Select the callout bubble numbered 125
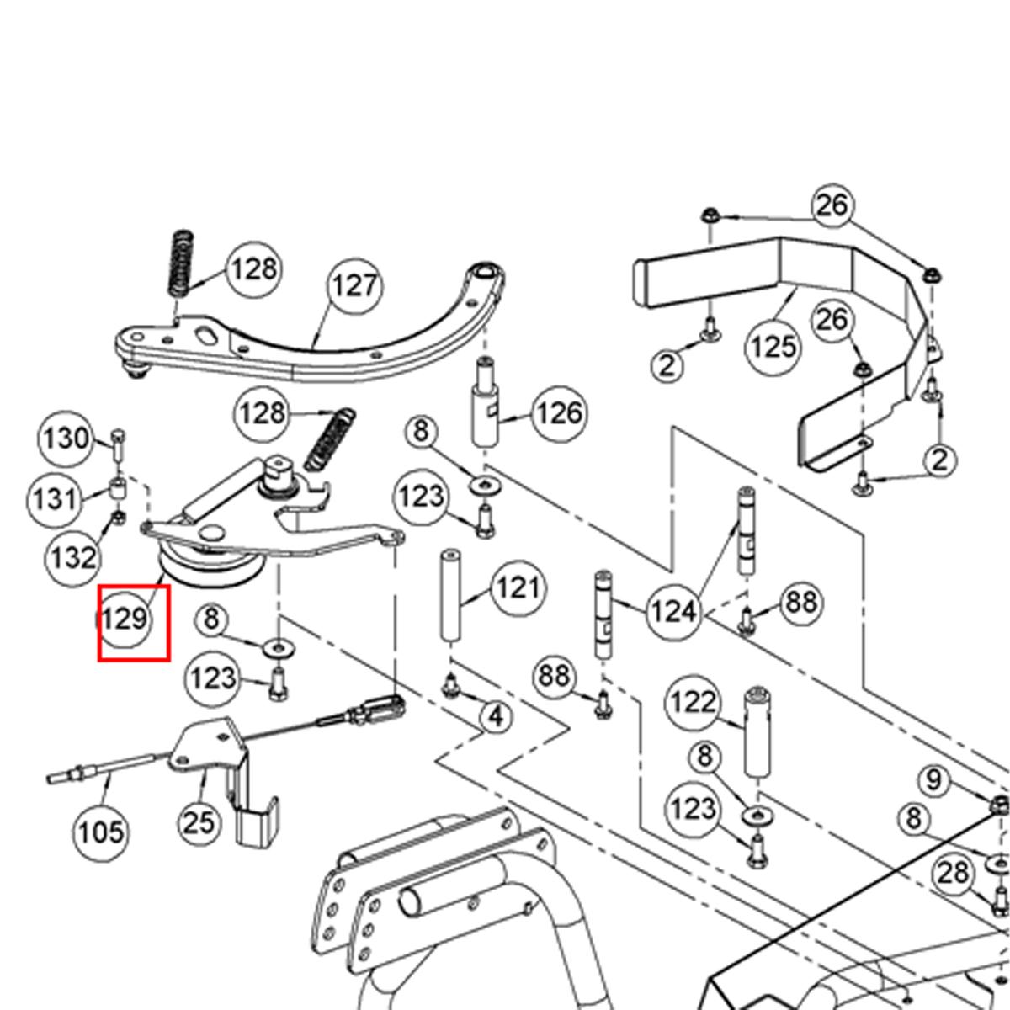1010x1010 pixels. (x=773, y=345)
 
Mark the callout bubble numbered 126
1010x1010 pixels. (x=559, y=412)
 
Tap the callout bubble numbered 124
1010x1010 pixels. (x=673, y=612)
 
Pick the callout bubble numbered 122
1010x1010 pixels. (x=693, y=702)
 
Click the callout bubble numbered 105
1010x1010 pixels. (x=101, y=832)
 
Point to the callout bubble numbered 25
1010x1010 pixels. (x=199, y=821)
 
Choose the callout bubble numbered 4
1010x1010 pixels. (x=496, y=717)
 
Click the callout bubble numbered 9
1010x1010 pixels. (x=933, y=780)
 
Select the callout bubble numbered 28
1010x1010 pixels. (x=953, y=873)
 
